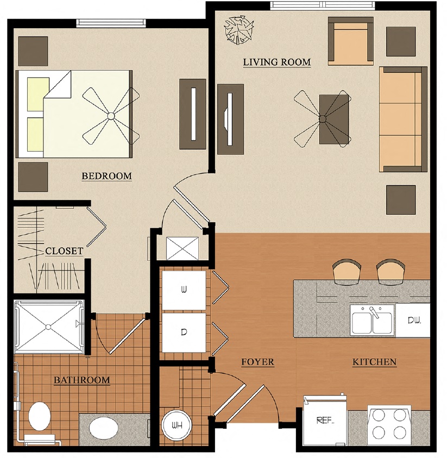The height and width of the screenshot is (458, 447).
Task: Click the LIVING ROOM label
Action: pyautogui.click(x=276, y=62)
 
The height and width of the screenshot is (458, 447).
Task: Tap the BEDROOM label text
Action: pyautogui.click(x=106, y=176)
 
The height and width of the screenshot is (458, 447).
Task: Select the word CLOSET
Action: pyautogui.click(x=64, y=251)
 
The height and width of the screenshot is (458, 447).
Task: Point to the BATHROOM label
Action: pyautogui.click(x=81, y=380)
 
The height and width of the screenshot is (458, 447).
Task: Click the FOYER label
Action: pyautogui.click(x=257, y=362)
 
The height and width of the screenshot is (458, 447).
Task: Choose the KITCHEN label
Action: pyautogui.click(x=374, y=362)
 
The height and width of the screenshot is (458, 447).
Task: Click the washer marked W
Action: pyautogui.click(x=184, y=290)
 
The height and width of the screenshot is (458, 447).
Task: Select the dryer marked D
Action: pyautogui.click(x=184, y=332)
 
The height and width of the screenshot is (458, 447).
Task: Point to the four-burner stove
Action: pyautogui.click(x=389, y=423)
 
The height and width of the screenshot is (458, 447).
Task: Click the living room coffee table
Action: pyautogui.click(x=333, y=119)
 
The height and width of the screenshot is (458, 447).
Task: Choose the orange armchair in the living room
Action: pyautogui.click(x=350, y=42)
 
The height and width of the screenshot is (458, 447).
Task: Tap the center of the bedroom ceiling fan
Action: pyautogui.click(x=110, y=116)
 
